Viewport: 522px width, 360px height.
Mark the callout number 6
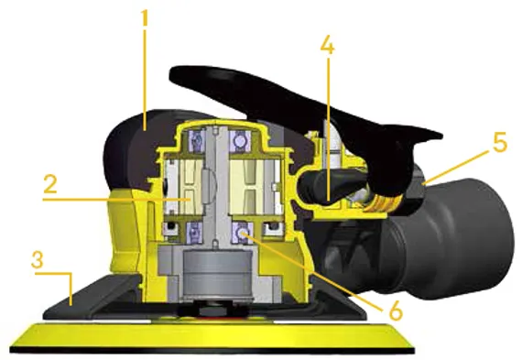pos(394,310)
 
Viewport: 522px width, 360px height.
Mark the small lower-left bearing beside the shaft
pos(170,226)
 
